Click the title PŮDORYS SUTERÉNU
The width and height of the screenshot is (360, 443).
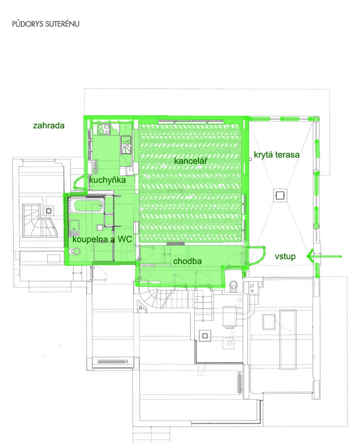click(46, 24)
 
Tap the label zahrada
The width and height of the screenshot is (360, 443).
click(49, 125)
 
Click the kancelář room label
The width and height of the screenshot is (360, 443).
click(191, 161)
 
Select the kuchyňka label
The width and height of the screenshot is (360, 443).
click(108, 180)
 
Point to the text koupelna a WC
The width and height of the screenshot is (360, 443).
click(102, 239)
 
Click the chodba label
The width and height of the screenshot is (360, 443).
click(187, 261)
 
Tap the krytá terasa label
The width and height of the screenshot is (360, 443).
click(277, 155)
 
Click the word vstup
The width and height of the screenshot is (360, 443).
click(285, 256)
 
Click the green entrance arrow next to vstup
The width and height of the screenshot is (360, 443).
click(324, 257)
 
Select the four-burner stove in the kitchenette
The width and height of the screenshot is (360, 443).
click(104, 129)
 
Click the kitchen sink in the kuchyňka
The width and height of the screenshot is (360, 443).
click(126, 141)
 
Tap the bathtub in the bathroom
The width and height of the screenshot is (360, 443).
click(86, 206)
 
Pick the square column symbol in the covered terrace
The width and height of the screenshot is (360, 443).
click(280, 195)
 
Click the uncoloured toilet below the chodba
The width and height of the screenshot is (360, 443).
click(234, 285)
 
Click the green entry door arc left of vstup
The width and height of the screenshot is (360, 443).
click(257, 256)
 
